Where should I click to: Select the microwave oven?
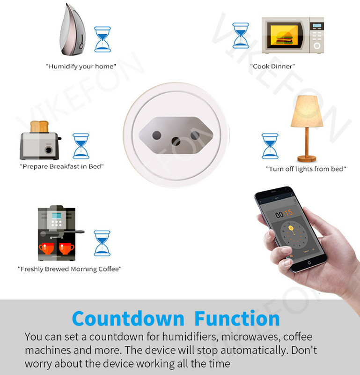click(x=293, y=36)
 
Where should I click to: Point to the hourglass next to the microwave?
click(x=240, y=36)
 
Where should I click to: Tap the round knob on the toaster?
click(x=48, y=150)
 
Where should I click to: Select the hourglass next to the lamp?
click(x=270, y=146)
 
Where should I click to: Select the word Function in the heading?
click(x=237, y=318)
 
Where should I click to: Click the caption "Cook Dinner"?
click(x=273, y=67)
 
